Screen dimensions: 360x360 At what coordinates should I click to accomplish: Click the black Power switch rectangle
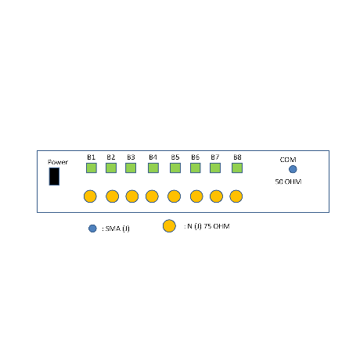point(54,176)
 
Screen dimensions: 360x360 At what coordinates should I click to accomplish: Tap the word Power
point(58,162)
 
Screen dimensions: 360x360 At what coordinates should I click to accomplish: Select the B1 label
point(91,157)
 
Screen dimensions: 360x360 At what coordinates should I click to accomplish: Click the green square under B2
point(111,168)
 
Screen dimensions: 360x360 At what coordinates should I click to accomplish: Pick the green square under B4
point(153,168)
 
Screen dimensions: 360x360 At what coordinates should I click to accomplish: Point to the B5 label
point(175,157)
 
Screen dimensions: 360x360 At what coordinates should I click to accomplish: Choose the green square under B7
point(215,168)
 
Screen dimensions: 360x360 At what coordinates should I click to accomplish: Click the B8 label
point(237,157)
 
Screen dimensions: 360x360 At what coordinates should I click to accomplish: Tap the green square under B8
point(237,168)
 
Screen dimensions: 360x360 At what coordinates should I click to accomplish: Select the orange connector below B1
point(90,196)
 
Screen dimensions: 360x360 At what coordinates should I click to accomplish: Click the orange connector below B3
point(132,196)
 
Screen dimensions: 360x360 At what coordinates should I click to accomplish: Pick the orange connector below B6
point(196,196)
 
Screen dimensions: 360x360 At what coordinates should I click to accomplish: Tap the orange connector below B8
point(236,196)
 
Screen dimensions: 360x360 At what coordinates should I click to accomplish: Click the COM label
point(288,160)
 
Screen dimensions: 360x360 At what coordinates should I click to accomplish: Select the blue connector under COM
point(293,169)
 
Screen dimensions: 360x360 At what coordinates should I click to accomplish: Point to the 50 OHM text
point(288,182)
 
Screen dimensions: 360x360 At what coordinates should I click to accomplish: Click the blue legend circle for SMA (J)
point(92,229)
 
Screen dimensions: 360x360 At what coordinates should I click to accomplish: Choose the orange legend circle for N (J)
point(169,226)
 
